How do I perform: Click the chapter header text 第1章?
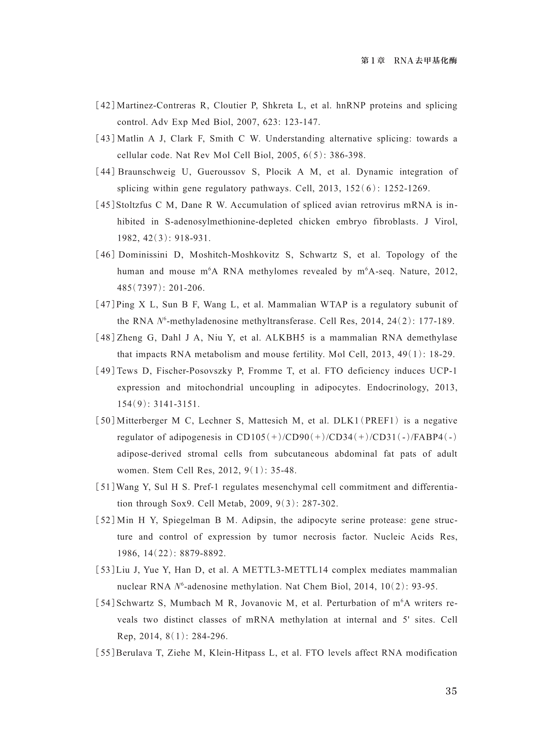pyautogui.click(x=373, y=61)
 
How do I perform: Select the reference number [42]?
pyautogui.click(x=105, y=105)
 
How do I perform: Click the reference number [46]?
pyautogui.click(x=105, y=255)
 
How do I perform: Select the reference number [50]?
pyautogui.click(x=105, y=421)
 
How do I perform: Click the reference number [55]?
pyautogui.click(x=105, y=653)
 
